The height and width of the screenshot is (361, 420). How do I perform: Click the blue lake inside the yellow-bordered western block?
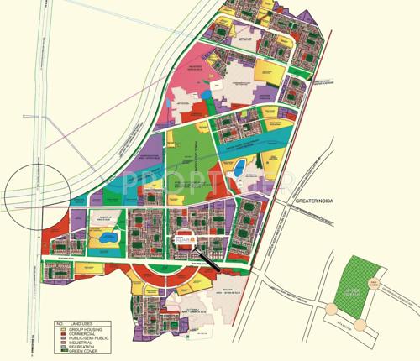pos(106,239)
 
